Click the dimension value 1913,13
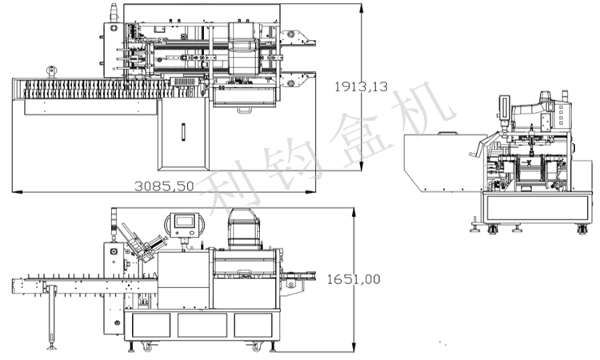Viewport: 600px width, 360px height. [361, 87]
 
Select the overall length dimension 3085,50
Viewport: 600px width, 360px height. [164, 186]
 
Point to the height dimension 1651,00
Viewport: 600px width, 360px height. [354, 279]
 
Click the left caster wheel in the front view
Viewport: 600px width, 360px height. [147, 347]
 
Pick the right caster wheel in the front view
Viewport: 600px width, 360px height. [255, 347]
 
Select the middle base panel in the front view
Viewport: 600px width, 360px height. [202, 325]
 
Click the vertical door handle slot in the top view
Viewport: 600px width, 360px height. [183, 132]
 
